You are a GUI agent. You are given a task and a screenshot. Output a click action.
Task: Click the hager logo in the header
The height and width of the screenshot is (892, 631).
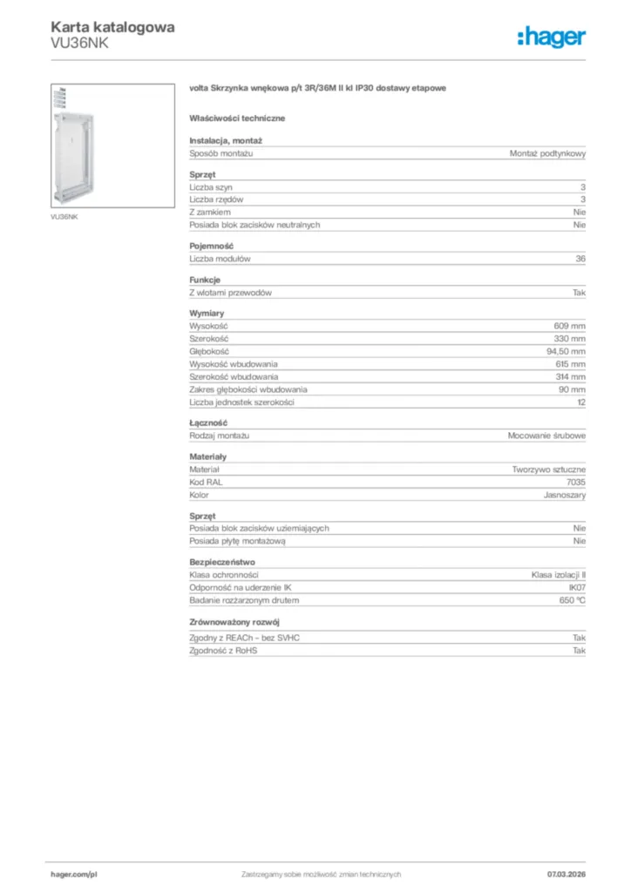click(x=551, y=36)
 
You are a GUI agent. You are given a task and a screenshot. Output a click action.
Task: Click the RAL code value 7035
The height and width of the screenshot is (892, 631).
click(x=576, y=482)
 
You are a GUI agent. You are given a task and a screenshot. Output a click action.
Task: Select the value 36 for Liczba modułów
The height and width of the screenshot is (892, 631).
click(x=580, y=259)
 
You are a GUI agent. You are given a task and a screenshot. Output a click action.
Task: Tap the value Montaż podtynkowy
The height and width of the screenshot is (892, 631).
click(x=547, y=153)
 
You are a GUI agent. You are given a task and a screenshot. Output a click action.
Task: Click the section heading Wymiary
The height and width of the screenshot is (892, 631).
click(x=207, y=312)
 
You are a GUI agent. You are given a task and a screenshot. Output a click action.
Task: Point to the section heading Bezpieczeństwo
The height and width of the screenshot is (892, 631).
click(x=222, y=562)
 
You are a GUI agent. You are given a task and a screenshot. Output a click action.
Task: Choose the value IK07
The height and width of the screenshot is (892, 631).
click(x=575, y=588)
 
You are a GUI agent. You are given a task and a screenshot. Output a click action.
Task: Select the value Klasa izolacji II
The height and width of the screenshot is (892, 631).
click(x=558, y=575)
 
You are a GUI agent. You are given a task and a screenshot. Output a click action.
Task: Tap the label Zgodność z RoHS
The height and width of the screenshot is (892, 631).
click(x=223, y=651)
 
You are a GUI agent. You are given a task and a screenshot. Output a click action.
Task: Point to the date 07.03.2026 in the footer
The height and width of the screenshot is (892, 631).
click(x=566, y=874)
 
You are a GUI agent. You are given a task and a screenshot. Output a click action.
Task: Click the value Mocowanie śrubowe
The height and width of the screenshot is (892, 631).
click(x=546, y=435)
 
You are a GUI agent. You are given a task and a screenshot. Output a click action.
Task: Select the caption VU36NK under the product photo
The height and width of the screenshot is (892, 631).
click(x=64, y=217)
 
